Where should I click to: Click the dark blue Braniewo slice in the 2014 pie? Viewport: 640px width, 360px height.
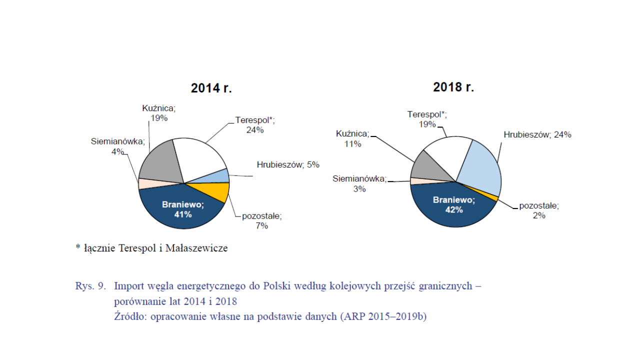tap(183, 211)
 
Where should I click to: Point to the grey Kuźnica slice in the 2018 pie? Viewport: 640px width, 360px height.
tap(428, 168)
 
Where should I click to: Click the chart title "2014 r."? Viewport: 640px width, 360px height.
tap(211, 88)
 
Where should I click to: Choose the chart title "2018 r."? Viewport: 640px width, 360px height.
tap(453, 87)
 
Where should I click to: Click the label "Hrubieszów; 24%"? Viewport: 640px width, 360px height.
tap(537, 134)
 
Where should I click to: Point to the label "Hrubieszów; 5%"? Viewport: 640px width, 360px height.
tap(288, 164)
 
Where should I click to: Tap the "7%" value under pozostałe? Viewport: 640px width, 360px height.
tap(261, 225)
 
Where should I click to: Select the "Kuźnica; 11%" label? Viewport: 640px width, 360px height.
tap(352, 138)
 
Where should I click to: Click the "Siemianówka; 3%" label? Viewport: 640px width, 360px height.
tap(359, 183)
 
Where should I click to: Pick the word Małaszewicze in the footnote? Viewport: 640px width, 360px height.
tap(196, 248)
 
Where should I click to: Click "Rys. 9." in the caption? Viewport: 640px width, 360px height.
tap(90, 285)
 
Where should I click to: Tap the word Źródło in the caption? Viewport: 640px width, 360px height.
tap(130, 316)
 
